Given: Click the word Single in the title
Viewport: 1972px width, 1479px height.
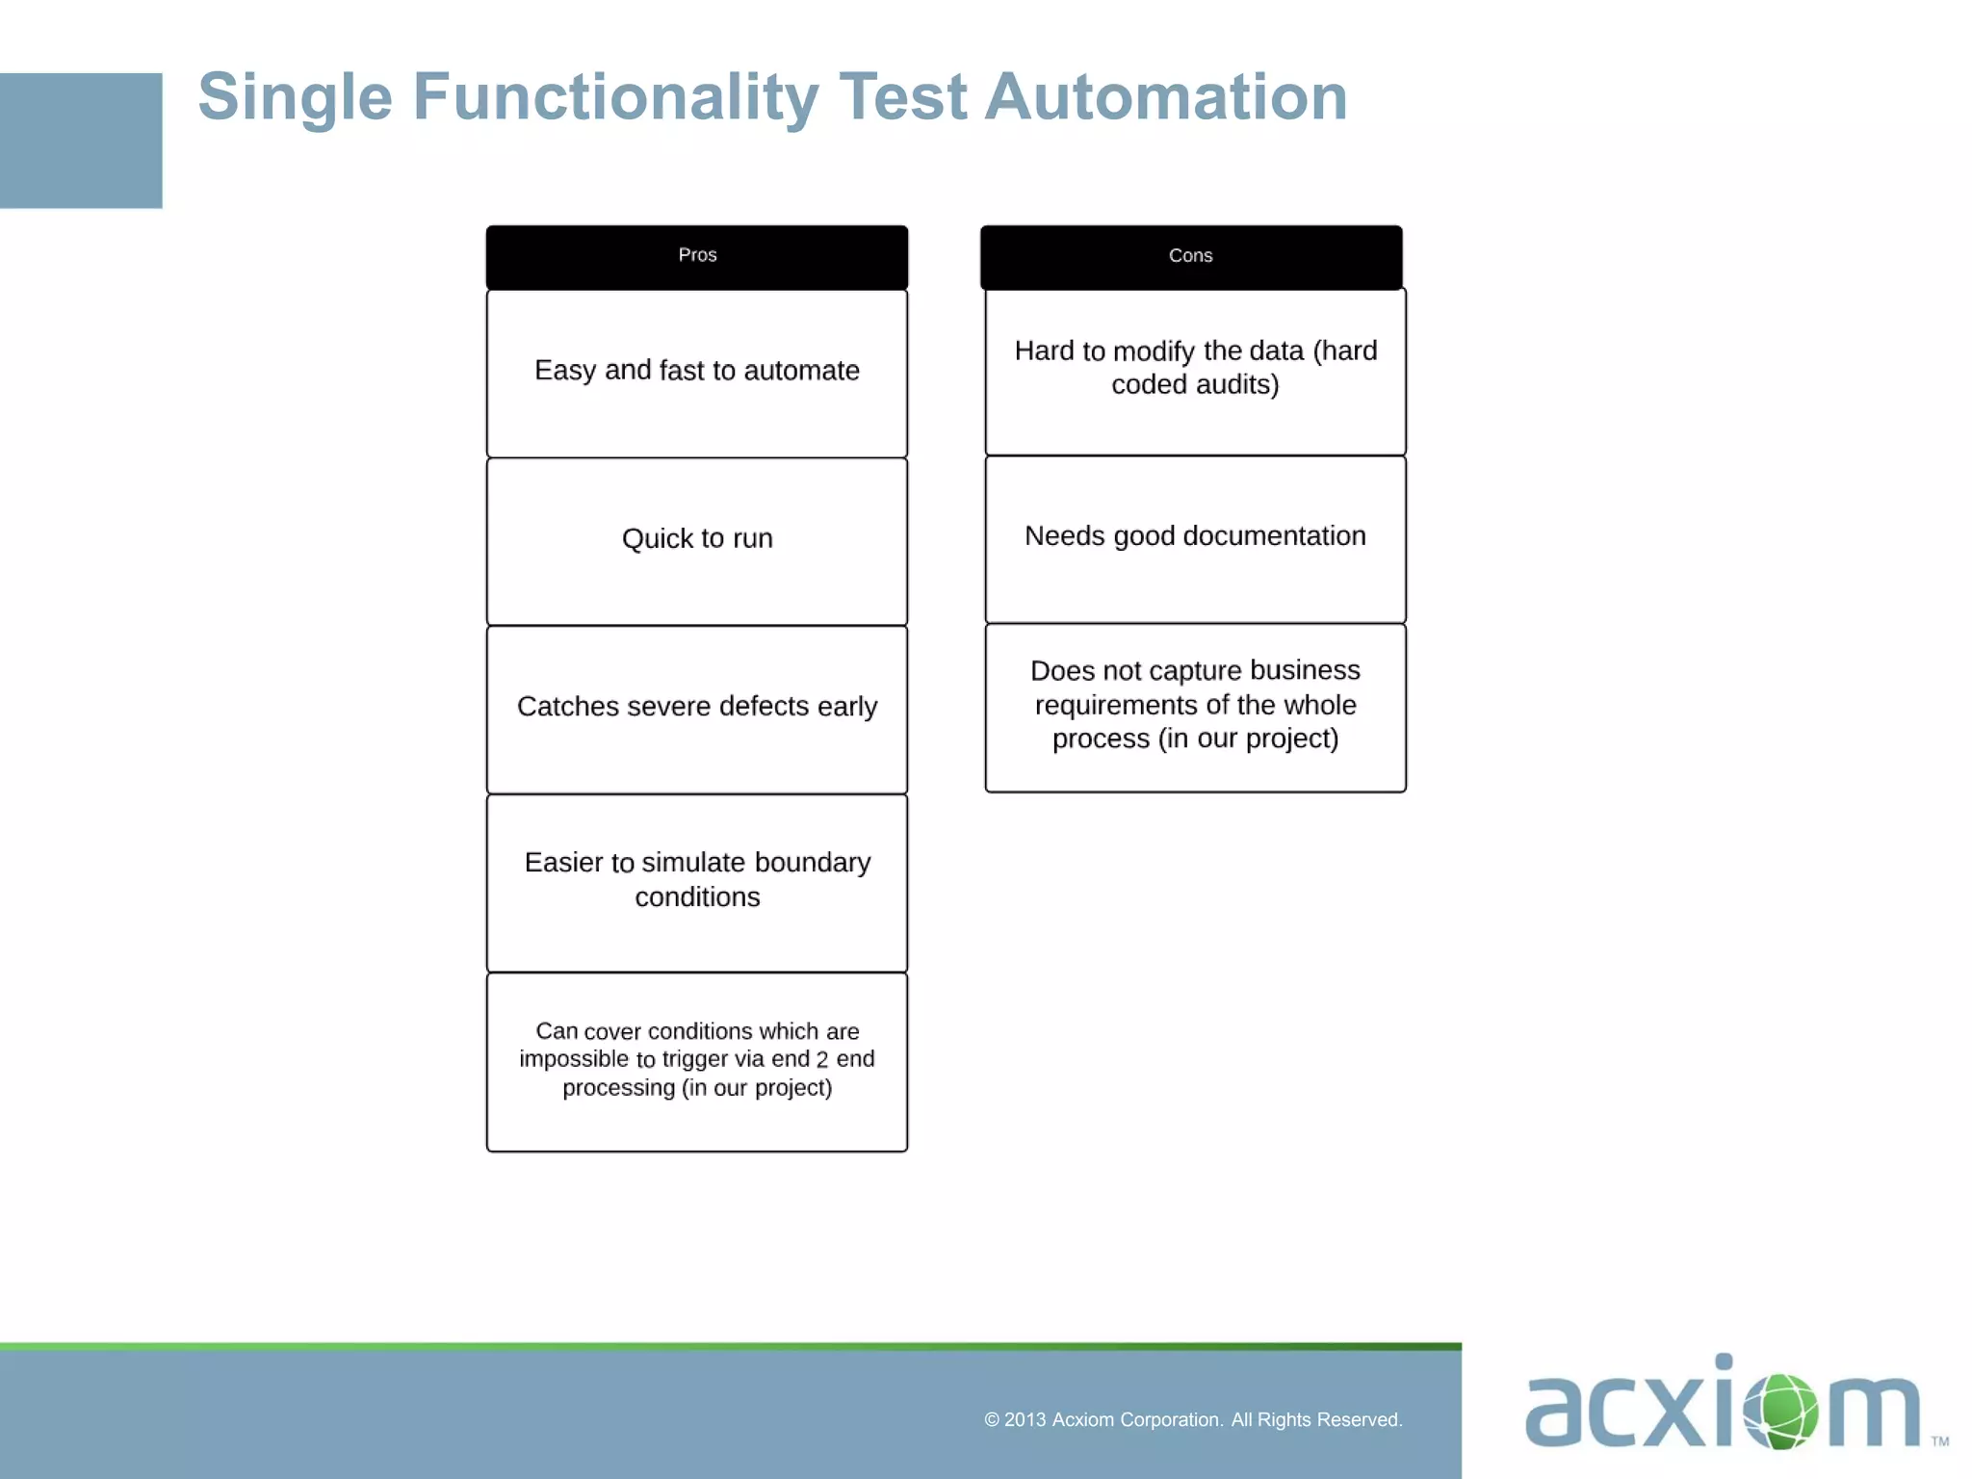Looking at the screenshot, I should pyautogui.click(x=295, y=97).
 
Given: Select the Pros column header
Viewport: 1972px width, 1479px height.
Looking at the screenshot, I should pyautogui.click(x=697, y=256).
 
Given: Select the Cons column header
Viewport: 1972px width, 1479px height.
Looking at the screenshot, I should pyautogui.click(x=1191, y=256).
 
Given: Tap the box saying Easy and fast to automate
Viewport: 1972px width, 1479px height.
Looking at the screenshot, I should pyautogui.click(x=697, y=373).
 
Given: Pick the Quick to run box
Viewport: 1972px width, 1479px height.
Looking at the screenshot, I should pyautogui.click(x=697, y=540).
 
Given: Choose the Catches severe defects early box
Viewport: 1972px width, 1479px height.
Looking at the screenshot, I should pyautogui.click(x=697, y=709).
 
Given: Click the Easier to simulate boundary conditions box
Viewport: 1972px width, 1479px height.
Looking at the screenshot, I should pyautogui.click(x=697, y=881).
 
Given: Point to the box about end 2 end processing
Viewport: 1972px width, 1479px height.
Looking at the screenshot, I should pyautogui.click(x=697, y=1060).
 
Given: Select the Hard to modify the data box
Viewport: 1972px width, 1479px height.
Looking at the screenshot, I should pyautogui.click(x=1195, y=370).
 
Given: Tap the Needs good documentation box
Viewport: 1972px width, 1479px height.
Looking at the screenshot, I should pyautogui.click(x=1195, y=538).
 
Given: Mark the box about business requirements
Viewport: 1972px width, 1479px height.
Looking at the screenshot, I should pyautogui.click(x=1195, y=706).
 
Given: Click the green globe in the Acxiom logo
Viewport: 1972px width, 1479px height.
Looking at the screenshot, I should pyautogui.click(x=1780, y=1411).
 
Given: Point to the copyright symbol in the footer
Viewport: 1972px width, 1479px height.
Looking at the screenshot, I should pyautogui.click(x=992, y=1420).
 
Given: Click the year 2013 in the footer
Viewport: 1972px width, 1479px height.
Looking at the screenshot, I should pyautogui.click(x=1025, y=1420).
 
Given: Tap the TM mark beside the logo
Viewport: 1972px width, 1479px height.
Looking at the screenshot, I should pyautogui.click(x=1939, y=1441).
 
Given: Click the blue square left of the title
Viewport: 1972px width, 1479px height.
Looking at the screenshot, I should pyautogui.click(x=81, y=141).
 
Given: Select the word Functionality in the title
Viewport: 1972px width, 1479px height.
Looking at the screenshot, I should pyautogui.click(x=615, y=97).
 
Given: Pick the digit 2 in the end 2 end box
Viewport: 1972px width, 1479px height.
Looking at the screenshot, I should pyautogui.click(x=821, y=1060).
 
